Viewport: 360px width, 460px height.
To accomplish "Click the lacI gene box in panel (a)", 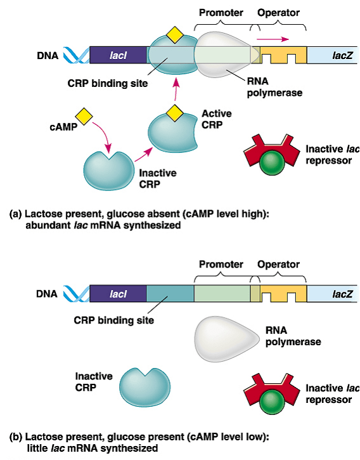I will pyautogui.click(x=119, y=56).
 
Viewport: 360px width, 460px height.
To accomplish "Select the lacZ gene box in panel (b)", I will pyautogui.click(x=333, y=293).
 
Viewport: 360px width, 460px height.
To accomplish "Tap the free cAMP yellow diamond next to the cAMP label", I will pyautogui.click(x=82, y=115).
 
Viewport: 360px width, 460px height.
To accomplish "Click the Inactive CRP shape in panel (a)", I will pyautogui.click(x=108, y=169).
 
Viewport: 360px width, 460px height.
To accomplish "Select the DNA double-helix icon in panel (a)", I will pyautogui.click(x=74, y=56).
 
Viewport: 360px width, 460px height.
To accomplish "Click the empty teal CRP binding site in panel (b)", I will pyautogui.click(x=170, y=293).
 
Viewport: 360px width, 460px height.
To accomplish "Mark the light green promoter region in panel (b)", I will pyautogui.click(x=222, y=293).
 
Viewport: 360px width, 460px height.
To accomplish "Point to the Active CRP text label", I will pyautogui.click(x=216, y=119).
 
